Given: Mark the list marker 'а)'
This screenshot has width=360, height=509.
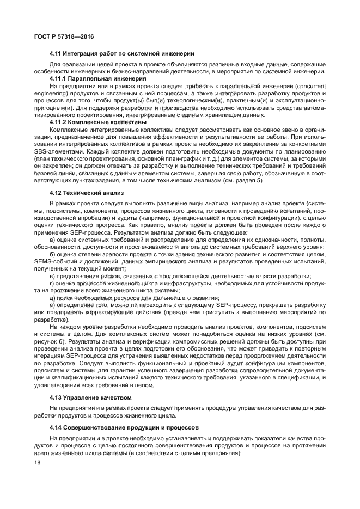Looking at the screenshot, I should (52, 240).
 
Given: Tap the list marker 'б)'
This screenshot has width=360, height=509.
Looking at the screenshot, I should (52, 254).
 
